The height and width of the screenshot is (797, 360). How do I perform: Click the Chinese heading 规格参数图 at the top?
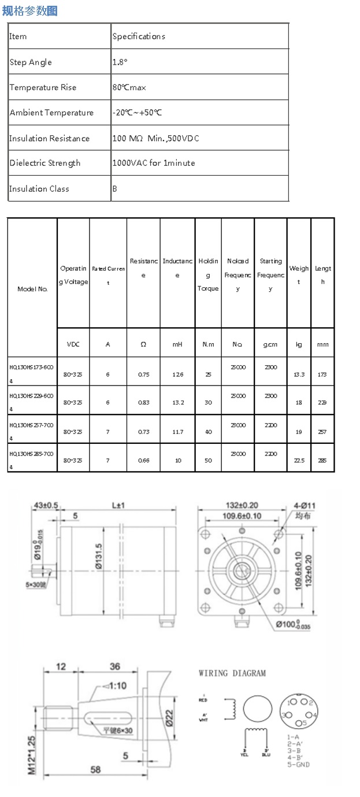[x=30, y=10]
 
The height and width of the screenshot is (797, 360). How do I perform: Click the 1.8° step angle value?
[x=120, y=62]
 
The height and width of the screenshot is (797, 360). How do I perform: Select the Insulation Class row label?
[x=39, y=188]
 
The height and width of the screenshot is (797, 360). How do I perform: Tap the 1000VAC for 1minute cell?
[x=154, y=163]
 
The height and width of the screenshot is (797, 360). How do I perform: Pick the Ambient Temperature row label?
[x=51, y=113]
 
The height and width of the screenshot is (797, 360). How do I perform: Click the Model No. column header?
[x=32, y=288]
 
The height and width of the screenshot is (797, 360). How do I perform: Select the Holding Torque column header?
[x=208, y=275]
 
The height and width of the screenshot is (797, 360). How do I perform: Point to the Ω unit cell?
[x=143, y=344]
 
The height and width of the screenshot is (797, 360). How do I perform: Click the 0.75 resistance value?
[x=143, y=375]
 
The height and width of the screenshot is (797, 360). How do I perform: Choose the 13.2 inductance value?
[x=177, y=402]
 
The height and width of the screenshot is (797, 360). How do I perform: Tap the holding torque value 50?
[x=208, y=460]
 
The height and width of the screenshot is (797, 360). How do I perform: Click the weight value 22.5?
[x=299, y=460]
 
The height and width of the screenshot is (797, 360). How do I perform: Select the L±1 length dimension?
[x=118, y=505]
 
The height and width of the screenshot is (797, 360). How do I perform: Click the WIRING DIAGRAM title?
[x=232, y=673]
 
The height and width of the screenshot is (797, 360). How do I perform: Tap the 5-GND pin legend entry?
[x=298, y=765]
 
